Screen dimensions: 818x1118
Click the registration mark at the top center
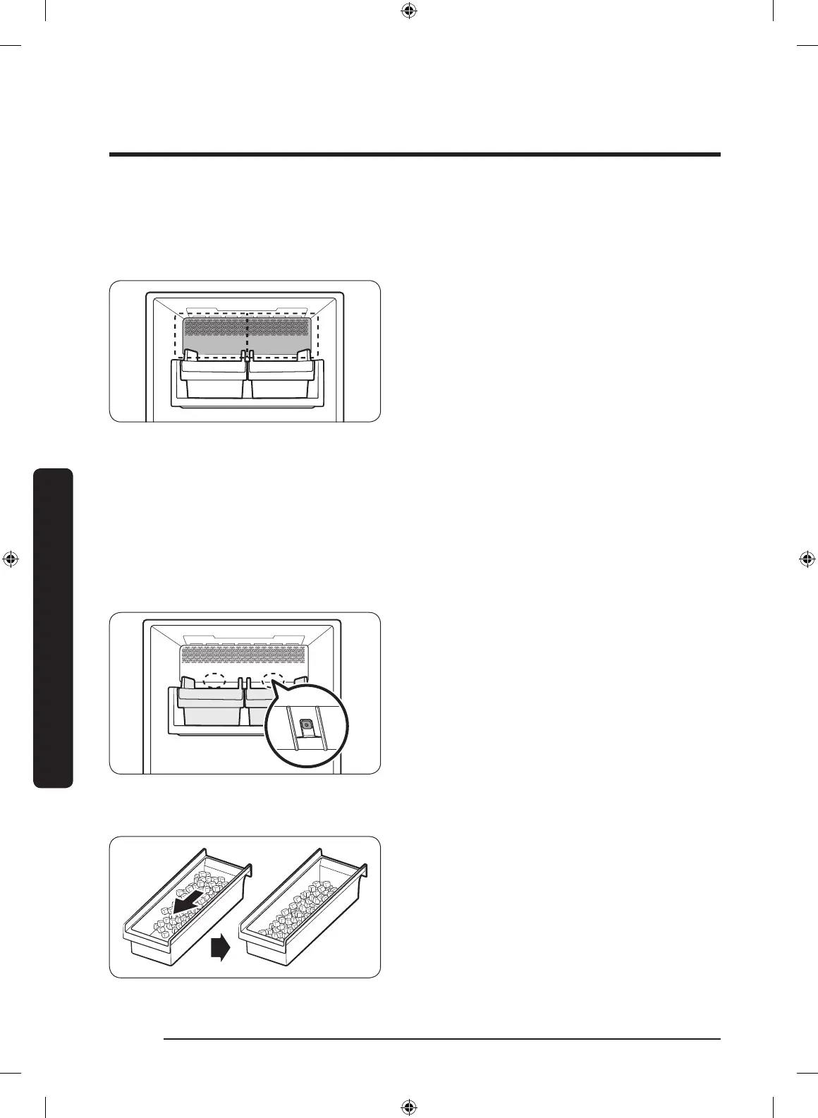[408, 11]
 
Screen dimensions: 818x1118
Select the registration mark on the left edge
[11, 559]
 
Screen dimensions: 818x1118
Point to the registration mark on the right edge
[807, 559]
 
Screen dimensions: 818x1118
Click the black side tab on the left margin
[53, 628]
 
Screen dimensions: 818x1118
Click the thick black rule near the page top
[415, 154]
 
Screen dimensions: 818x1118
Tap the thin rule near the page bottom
[441, 1039]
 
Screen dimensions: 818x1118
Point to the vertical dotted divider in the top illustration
[247, 335]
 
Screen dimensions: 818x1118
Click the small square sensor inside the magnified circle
[306, 724]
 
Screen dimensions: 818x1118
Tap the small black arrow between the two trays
[220, 949]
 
